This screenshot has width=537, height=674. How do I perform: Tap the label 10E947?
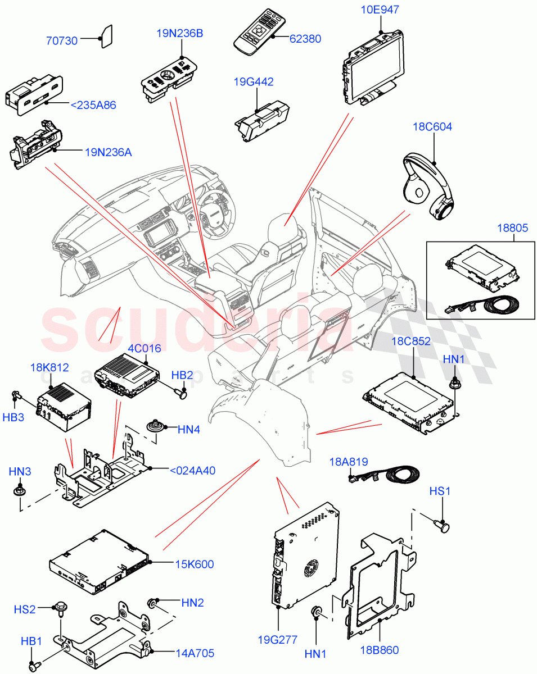(x=381, y=10)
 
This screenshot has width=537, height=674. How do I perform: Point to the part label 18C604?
(x=432, y=127)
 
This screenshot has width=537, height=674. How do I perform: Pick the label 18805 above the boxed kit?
(x=512, y=229)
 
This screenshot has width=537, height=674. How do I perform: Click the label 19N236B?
(x=180, y=33)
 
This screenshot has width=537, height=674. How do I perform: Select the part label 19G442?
(x=254, y=82)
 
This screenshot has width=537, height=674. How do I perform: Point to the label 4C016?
(x=145, y=348)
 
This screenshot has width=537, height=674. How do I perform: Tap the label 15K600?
(x=195, y=564)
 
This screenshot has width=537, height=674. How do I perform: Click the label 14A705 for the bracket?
(x=195, y=653)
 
